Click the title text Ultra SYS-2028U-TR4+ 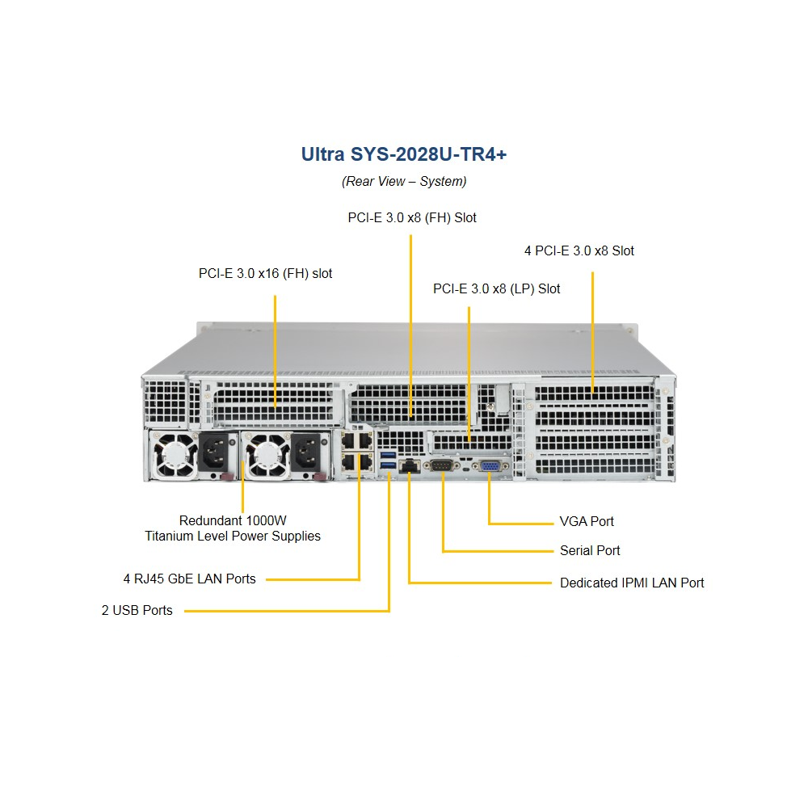tap(403, 154)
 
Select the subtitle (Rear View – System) tap(403, 181)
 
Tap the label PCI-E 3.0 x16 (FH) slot tap(265, 274)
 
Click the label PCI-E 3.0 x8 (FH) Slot tap(412, 217)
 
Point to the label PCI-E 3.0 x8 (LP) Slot tap(496, 288)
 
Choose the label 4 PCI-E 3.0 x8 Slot tap(579, 250)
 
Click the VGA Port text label tap(587, 522)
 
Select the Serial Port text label tap(590, 551)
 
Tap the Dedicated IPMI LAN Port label tap(632, 583)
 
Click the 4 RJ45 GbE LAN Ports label tap(189, 579)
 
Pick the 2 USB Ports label tap(137, 610)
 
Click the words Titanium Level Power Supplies tap(233, 536)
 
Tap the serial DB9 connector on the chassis tap(442, 465)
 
